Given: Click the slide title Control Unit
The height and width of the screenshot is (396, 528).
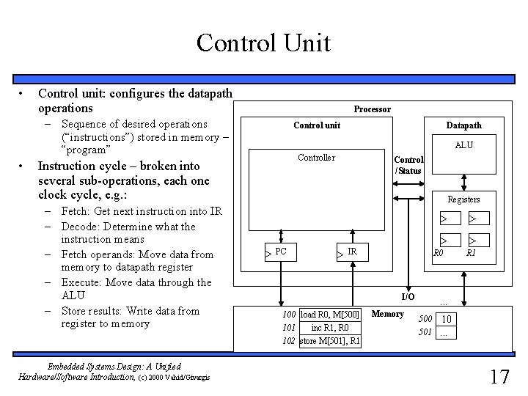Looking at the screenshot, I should (x=263, y=43).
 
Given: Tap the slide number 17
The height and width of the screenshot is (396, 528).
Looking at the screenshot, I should (x=499, y=377).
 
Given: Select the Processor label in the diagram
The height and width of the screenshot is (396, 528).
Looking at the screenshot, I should (x=373, y=109).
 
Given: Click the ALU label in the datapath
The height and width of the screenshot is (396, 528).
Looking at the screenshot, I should (x=463, y=145).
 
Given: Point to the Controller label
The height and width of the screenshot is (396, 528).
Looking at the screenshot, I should (x=316, y=158).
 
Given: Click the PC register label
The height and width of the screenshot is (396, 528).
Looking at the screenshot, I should (x=281, y=252).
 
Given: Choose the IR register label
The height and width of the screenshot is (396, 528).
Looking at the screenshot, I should (x=352, y=252).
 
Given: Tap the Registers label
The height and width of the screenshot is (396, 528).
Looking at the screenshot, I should (x=463, y=199).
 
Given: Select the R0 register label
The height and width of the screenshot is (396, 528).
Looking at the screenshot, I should (x=439, y=253).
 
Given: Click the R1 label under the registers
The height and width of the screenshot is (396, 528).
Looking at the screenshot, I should (x=471, y=253).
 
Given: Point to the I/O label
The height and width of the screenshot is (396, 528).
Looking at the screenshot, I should (x=408, y=297).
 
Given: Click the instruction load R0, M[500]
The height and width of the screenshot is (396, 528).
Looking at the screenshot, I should (x=329, y=315).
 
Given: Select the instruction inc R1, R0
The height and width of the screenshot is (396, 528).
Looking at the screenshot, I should (x=329, y=328).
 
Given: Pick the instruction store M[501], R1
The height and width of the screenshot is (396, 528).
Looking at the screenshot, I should (x=329, y=341).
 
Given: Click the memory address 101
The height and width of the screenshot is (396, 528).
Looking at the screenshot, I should (x=289, y=328).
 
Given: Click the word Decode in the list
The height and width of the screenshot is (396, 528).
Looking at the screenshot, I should (x=80, y=227).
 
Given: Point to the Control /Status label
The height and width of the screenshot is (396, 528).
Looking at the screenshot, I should (x=408, y=165).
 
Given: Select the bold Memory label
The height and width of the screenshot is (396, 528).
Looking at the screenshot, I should (x=388, y=314).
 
